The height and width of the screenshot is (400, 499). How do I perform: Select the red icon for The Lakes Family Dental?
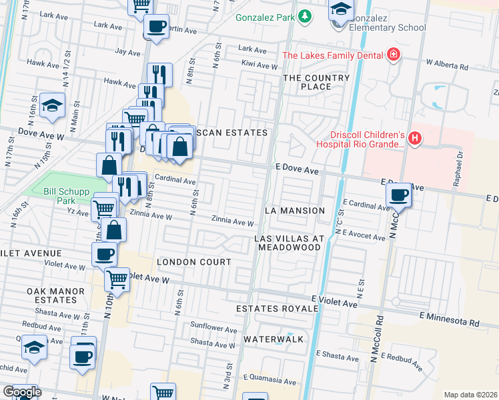pyautogui.click(x=394, y=55)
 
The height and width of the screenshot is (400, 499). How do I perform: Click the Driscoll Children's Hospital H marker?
pyautogui.click(x=415, y=139)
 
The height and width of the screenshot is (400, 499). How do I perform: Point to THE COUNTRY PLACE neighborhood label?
pyautogui.click(x=316, y=82)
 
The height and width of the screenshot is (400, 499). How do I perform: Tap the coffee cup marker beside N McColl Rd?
pyautogui.click(x=399, y=195)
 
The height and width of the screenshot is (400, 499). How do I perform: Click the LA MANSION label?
pyautogui.click(x=294, y=211)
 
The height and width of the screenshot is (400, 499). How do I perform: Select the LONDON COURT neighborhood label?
pyautogui.click(x=194, y=263)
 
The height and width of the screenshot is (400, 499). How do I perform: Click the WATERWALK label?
pyautogui.click(x=274, y=339)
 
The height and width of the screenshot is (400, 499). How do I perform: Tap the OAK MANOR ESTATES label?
pyautogui.click(x=56, y=295)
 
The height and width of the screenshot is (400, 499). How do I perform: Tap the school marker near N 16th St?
pyautogui.click(x=52, y=107)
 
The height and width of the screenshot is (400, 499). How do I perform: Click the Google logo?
pyautogui.click(x=21, y=392)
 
